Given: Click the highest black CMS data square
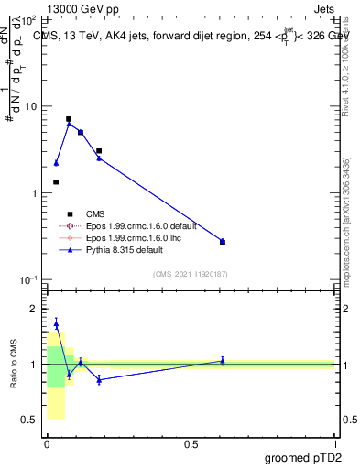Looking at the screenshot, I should point(69,119).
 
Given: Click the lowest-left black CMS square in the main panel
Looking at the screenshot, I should point(56,182).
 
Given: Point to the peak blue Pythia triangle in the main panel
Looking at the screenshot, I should point(69,124).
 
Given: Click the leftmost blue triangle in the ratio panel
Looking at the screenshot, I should point(56,323).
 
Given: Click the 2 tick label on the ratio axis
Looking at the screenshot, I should point(35,309).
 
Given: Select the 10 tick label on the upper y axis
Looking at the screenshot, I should point(29,106).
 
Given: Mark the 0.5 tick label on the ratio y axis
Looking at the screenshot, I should point(30,420).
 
